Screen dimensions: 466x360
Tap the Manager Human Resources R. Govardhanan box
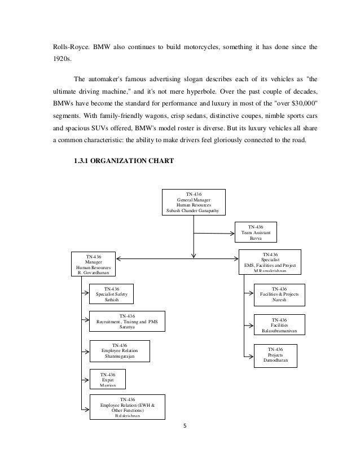[x=93, y=264]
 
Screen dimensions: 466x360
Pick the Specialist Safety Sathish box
[x=112, y=294]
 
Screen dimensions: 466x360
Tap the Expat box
[x=107, y=380]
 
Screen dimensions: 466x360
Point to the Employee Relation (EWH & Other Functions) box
[x=127, y=407]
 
